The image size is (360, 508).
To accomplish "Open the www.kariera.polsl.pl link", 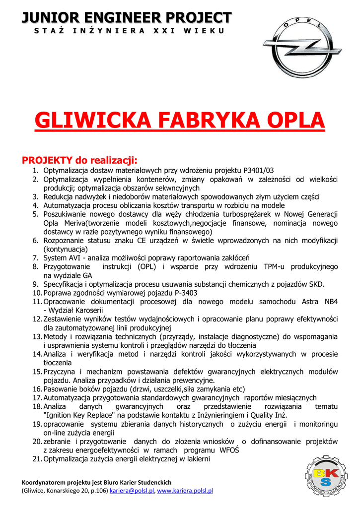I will (x=185, y=491).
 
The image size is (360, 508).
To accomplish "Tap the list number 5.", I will (x=36, y=214).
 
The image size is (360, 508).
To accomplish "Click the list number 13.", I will (x=37, y=336).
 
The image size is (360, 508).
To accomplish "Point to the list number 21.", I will (x=37, y=459).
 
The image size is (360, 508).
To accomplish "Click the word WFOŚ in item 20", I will (x=229, y=450).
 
